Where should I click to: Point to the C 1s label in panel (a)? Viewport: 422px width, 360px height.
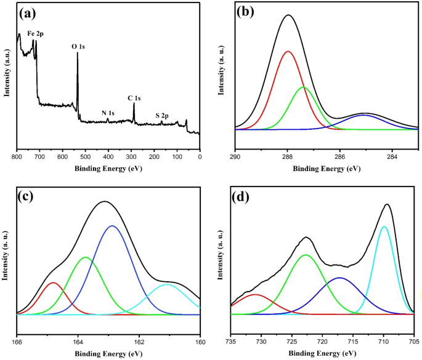[x=134, y=98]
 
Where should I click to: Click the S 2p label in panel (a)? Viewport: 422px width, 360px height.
[x=163, y=115]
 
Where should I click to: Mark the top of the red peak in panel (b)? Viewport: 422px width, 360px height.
[x=288, y=51]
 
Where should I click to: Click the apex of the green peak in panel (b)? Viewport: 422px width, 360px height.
[x=303, y=87]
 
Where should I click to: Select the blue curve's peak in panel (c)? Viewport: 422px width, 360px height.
[x=112, y=226]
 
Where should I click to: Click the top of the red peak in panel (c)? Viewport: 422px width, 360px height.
[x=53, y=282]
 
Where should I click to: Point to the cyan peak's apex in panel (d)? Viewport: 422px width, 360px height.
[x=384, y=226]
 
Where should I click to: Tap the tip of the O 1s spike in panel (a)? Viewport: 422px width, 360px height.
[x=78, y=53]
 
